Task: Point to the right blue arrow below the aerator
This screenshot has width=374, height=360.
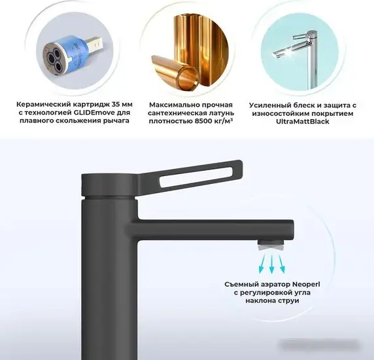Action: point(282,264)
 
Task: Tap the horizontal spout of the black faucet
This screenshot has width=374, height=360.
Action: point(216,228)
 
